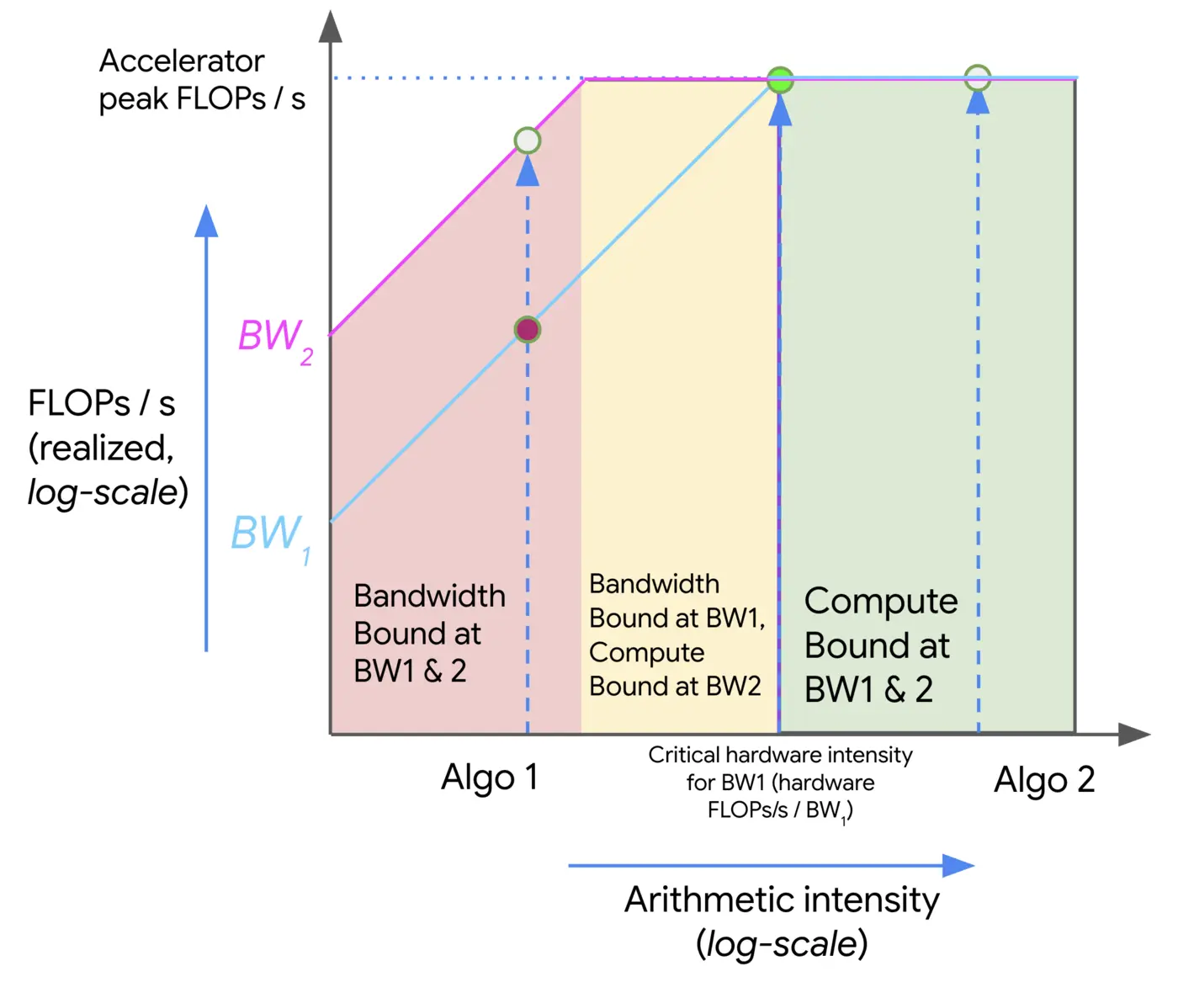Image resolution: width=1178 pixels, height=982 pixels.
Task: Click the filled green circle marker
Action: click(781, 81)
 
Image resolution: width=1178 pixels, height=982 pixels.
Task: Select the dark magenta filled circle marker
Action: click(528, 330)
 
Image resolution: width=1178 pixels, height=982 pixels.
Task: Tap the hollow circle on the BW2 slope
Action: click(528, 141)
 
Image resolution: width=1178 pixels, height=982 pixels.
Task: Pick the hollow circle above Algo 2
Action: click(977, 78)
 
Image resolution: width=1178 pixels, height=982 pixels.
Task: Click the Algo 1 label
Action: click(489, 778)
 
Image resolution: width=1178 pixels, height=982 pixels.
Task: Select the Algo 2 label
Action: click(1044, 780)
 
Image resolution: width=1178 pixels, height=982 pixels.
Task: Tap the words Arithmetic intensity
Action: click(782, 900)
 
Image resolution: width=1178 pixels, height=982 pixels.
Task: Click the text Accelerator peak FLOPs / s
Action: click(201, 80)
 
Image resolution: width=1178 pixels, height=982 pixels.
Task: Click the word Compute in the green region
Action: click(880, 602)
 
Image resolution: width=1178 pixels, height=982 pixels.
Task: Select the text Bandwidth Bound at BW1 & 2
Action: click(429, 633)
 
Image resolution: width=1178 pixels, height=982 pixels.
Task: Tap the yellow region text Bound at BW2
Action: click(675, 687)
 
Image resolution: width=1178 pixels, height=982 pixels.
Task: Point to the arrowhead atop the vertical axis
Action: click(331, 27)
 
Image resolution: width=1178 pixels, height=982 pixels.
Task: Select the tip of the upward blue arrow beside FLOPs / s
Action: click(206, 220)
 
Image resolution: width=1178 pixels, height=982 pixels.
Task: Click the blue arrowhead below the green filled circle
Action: click(780, 111)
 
